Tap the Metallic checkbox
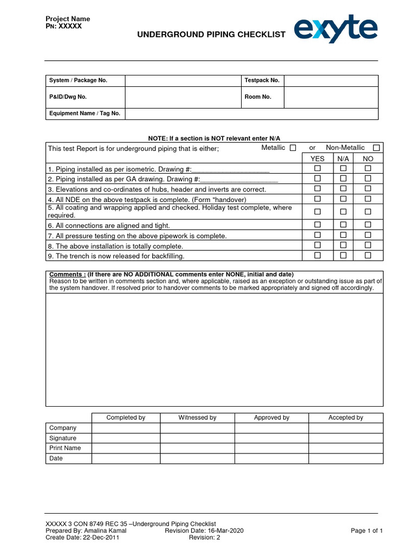point(293,148)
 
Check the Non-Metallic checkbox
point(376,148)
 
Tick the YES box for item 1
point(318,168)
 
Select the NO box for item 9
point(368,255)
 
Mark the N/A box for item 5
point(343,211)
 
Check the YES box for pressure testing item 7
point(318,235)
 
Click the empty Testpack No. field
point(331,80)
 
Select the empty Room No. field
point(331,97)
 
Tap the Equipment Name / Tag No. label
point(85,113)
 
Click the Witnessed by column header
point(197,418)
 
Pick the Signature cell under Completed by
point(125,438)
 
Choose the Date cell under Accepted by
point(345,458)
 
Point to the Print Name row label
point(65,448)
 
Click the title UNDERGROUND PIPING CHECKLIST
point(211,35)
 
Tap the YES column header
point(318,159)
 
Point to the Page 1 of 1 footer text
point(367,530)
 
